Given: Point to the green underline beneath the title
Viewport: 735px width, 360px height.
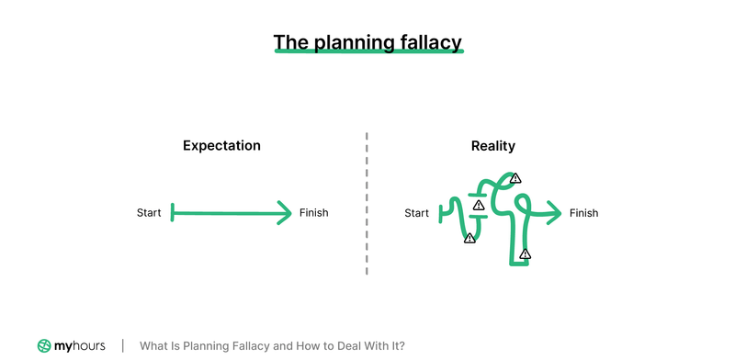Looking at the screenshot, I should coord(367,52).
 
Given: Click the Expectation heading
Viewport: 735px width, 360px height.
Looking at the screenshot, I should coord(221,145).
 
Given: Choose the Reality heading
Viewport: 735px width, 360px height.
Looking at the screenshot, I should coord(493,145).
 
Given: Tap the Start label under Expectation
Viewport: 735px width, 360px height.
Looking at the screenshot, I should coord(149,213).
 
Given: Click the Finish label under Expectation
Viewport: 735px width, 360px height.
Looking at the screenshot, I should coord(313,213).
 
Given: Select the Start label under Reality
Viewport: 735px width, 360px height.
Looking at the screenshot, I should coord(416,213).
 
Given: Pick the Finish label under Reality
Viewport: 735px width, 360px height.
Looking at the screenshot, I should coord(583,213).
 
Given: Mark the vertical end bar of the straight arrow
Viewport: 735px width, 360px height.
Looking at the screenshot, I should coord(173,214).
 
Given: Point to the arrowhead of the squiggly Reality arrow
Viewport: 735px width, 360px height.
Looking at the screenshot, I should coord(554,213).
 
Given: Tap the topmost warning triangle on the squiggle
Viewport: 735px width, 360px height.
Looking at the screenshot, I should coord(515,178).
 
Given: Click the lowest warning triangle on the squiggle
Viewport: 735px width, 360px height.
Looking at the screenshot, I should coord(525,253).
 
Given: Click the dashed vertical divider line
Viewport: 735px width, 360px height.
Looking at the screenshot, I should coord(367,202).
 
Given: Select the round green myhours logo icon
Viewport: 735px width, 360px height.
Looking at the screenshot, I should coord(44,346).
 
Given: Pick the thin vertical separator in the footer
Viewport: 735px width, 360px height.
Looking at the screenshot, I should coord(123,346).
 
